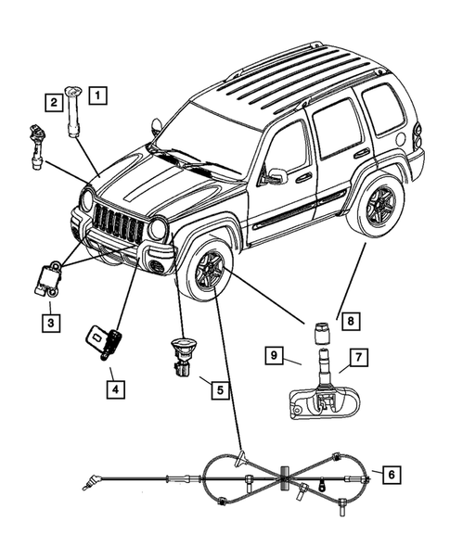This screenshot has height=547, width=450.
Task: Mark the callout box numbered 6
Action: coord(391,474)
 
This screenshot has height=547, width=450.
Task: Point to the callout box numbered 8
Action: coord(350,321)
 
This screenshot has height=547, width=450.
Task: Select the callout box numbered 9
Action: coord(276,354)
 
